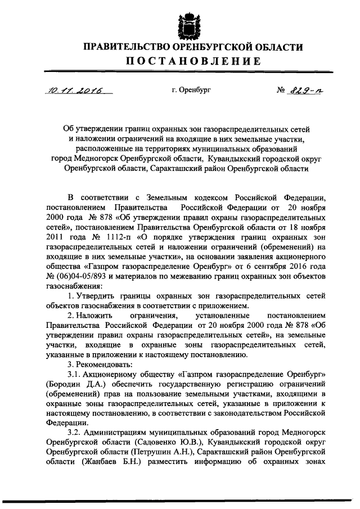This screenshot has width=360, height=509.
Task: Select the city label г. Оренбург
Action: (x=192, y=89)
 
